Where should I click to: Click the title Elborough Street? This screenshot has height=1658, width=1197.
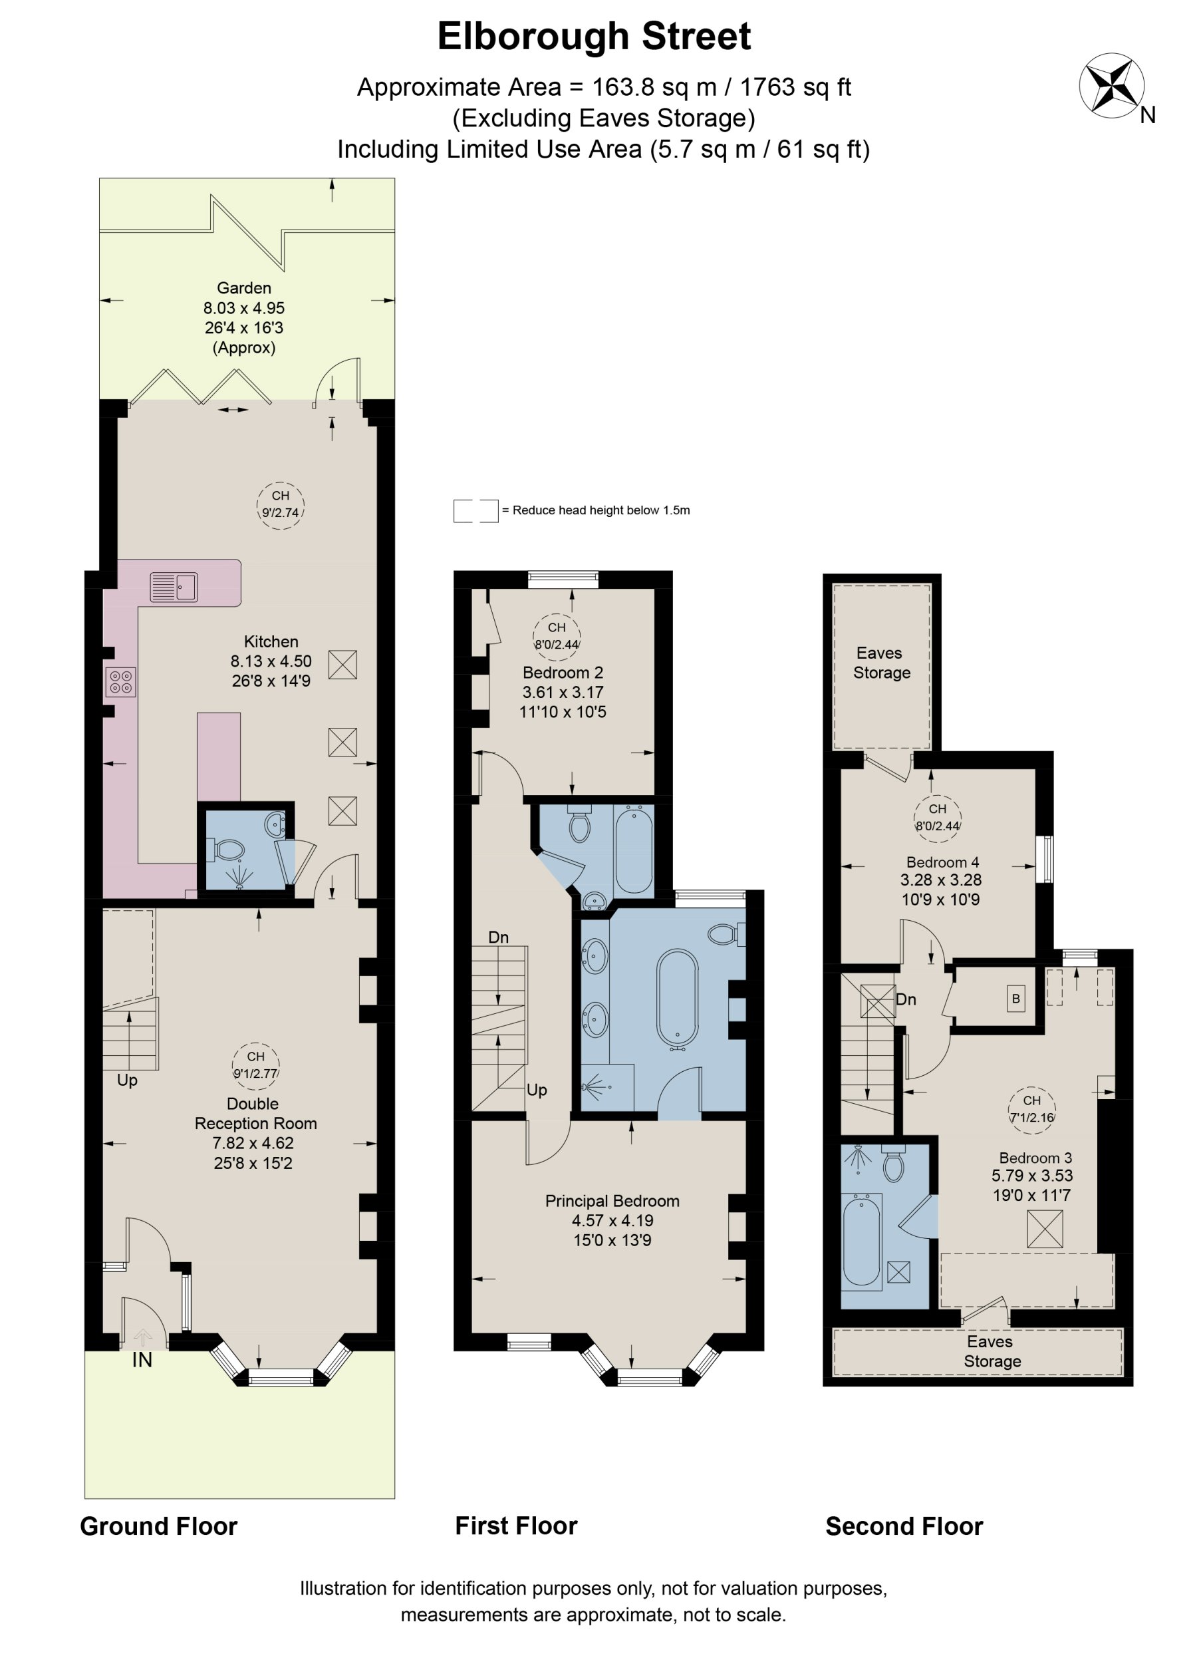(593, 37)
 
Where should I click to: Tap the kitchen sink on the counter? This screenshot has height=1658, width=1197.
(174, 587)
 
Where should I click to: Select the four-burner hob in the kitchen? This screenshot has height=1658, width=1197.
(120, 682)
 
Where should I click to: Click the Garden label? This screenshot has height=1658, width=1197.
(243, 288)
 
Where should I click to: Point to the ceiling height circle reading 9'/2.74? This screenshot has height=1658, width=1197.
(281, 505)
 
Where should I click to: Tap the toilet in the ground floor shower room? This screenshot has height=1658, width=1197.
(229, 850)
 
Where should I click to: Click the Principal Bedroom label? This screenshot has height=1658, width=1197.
(612, 1200)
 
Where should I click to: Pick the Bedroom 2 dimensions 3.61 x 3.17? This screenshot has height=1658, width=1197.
(562, 691)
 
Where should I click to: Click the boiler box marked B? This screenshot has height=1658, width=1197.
(1015, 999)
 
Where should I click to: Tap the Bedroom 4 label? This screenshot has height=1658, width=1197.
(942, 862)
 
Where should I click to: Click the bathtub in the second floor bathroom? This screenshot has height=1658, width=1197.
(863, 1239)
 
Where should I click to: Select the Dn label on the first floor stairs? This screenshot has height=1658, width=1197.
(498, 937)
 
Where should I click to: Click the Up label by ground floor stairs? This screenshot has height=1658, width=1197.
(127, 1080)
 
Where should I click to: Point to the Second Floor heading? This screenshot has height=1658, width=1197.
(904, 1526)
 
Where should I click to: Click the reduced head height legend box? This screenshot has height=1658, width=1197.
(475, 511)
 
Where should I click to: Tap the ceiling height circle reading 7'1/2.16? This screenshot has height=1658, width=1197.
(1032, 1109)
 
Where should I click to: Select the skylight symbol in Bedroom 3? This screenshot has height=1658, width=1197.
(1045, 1229)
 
